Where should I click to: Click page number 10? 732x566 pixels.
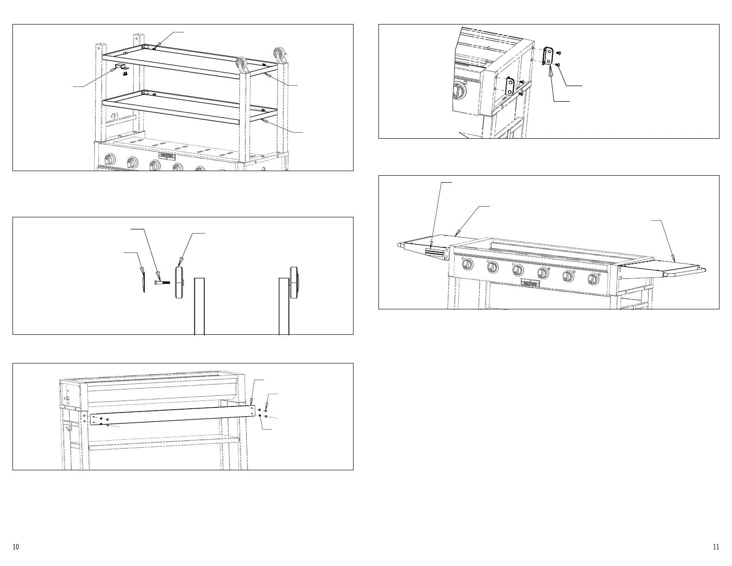coord(16,547)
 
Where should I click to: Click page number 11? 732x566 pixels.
coord(716,547)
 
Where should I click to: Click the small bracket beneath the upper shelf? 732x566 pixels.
coord(122,68)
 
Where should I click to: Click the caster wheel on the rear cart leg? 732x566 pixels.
coord(280,53)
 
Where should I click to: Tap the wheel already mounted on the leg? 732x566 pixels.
coord(293,282)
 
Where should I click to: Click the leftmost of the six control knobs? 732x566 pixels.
coord(468,265)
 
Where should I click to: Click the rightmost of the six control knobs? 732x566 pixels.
coord(593,279)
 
